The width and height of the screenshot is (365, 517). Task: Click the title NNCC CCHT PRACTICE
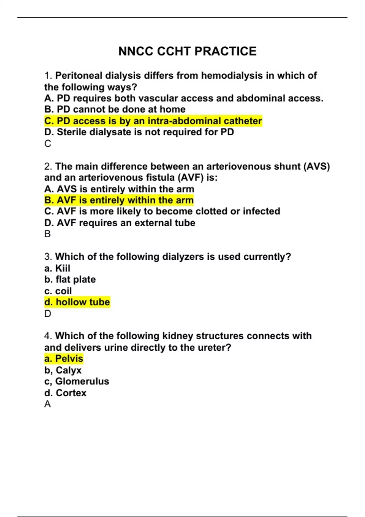tap(187, 51)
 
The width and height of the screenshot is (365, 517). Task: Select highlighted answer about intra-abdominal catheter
tap(153, 121)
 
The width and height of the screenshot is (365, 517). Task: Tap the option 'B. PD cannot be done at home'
tap(115, 109)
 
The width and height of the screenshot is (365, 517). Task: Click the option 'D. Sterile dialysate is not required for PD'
tap(139, 132)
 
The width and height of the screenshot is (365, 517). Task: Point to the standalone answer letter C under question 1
tap(48, 144)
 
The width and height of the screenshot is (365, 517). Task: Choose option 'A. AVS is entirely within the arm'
tap(119, 189)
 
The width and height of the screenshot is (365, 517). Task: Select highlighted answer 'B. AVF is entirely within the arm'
tap(119, 200)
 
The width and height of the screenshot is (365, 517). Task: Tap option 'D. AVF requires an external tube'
tap(120, 223)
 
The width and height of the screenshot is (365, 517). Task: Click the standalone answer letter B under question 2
tap(47, 234)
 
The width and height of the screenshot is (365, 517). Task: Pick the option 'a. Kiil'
tap(57, 268)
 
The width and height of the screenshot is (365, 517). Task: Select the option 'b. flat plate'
tap(70, 279)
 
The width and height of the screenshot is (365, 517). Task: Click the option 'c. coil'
tap(58, 291)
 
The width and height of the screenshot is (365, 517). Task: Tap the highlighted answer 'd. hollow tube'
tap(77, 302)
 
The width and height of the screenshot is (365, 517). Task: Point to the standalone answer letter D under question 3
tap(48, 314)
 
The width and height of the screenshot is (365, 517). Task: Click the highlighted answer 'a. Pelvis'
tap(64, 359)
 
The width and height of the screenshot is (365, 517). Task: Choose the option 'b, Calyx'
tap(63, 370)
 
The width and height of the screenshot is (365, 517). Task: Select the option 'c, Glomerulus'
tap(77, 381)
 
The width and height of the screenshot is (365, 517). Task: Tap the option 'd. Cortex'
tap(65, 393)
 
